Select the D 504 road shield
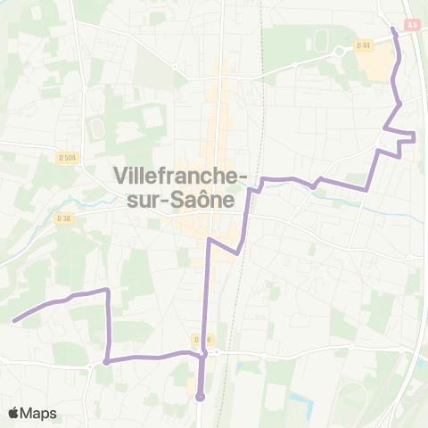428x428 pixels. (67, 158)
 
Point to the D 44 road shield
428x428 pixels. (363, 45)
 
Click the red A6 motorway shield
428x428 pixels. (412, 25)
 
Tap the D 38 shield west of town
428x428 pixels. (62, 218)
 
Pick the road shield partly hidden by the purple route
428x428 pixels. (202, 340)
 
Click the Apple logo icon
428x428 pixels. (13, 413)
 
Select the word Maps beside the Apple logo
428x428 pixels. (38, 413)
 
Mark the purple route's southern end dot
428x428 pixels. (201, 397)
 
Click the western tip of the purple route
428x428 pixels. (14, 319)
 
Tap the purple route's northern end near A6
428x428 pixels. (393, 29)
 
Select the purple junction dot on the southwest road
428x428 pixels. (106, 361)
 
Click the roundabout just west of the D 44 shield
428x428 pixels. (339, 52)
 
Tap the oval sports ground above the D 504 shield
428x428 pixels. (96, 130)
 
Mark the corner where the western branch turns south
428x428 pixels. (108, 291)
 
